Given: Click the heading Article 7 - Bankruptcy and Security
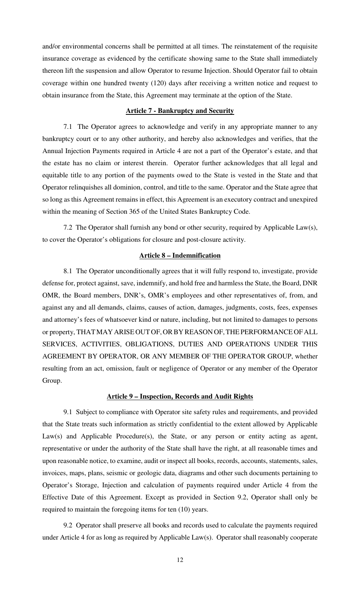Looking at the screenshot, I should click(180, 111).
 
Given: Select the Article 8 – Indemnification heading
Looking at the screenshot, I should click(180, 255).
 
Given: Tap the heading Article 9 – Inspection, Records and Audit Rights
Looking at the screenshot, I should click(180, 396).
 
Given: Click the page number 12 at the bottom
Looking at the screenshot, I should click(180, 560).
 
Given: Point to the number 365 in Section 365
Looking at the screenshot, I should click(133, 211).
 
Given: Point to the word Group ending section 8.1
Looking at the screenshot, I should click(51, 380).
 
